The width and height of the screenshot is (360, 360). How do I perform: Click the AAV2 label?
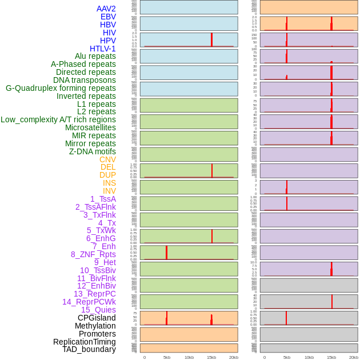coord(106,9)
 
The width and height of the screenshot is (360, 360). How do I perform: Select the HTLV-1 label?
coord(102,49)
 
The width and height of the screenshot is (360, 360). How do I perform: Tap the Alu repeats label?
coord(95,56)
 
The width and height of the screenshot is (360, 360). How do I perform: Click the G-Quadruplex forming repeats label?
coord(61,88)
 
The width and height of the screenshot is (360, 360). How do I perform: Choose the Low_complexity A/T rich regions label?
coord(58,119)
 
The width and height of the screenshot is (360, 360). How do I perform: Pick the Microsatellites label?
coord(90,127)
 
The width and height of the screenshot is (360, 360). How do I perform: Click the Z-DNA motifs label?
coord(92,151)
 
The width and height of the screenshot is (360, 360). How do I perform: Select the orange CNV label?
coord(107,159)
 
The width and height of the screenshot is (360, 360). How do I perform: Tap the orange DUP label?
coord(107,175)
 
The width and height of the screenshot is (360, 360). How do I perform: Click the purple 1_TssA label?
coord(103,199)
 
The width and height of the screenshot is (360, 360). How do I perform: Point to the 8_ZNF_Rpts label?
coord(93,254)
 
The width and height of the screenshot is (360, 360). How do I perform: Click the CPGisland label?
coord(97,318)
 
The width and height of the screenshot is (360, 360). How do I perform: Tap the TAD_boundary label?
coord(89,349)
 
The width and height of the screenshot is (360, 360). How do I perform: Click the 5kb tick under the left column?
coord(167,357)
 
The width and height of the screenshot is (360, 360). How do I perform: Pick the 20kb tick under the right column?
coord(354,357)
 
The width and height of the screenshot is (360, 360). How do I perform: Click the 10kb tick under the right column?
coord(309,357)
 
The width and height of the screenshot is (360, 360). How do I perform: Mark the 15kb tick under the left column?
coord(211,357)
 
